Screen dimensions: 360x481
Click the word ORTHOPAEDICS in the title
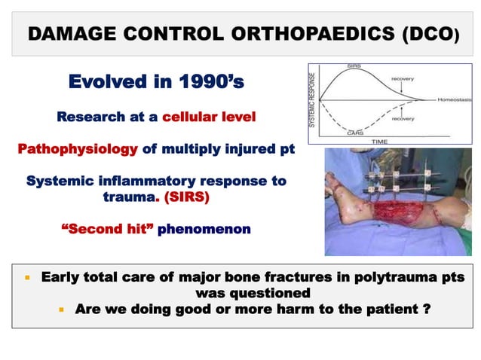tap(317, 35)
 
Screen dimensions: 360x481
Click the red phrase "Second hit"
tap(106, 229)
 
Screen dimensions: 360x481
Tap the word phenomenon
tap(204, 229)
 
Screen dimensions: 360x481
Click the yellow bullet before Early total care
tap(27, 276)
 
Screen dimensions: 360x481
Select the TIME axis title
tap(380, 142)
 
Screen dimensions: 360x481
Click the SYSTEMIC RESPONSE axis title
tap(314, 99)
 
